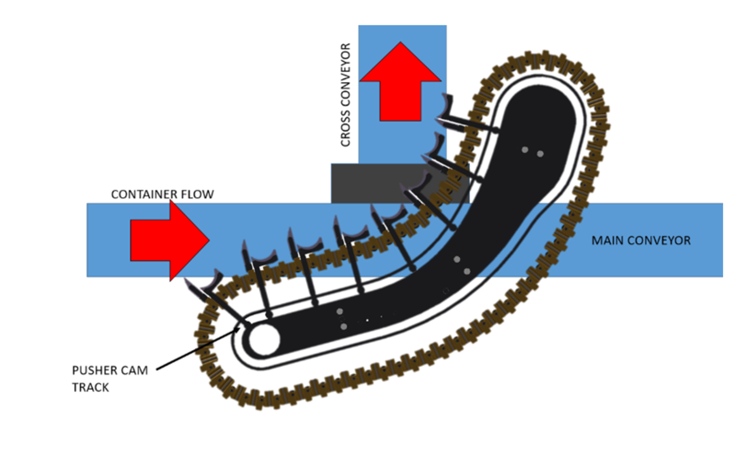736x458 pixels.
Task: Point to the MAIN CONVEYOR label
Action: tap(640, 241)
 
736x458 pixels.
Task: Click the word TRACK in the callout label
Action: tap(91, 387)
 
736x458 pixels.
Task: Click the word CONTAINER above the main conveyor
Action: tap(142, 195)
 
